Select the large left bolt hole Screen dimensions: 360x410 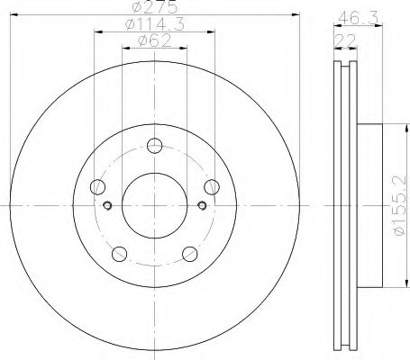coord(96,186)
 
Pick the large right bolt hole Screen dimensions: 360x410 coord(212,186)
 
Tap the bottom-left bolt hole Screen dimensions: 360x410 coord(118,253)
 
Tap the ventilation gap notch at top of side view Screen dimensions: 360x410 coord(343,67)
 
